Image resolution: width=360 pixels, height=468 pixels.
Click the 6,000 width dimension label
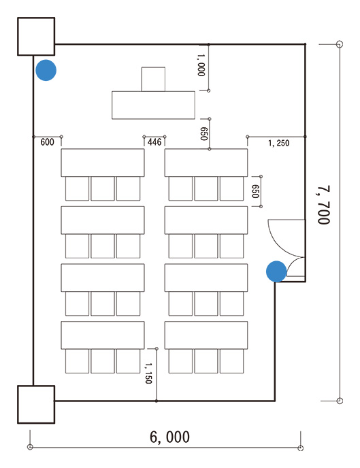(169, 437)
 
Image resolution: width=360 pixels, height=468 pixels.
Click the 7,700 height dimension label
(323, 205)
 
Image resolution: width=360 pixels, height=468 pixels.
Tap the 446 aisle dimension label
(154, 141)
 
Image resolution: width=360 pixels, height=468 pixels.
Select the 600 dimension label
(47, 141)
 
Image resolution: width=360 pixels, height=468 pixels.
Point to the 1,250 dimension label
(279, 144)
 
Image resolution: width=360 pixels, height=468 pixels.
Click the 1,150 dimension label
(148, 373)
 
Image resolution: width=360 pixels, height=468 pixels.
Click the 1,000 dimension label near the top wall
(201, 65)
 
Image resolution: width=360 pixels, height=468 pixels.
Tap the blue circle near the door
(276, 271)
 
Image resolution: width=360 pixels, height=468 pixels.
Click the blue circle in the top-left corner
(46, 70)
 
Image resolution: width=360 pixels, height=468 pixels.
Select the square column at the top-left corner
(36, 37)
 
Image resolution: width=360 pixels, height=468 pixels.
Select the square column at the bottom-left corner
(36, 405)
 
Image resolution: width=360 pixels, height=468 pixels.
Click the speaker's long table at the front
(153, 105)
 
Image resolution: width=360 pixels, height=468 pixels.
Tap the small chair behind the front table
(153, 79)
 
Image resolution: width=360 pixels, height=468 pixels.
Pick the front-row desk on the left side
(103, 163)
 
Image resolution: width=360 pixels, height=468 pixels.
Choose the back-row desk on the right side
(206, 335)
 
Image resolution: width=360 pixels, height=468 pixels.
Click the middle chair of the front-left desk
(103, 188)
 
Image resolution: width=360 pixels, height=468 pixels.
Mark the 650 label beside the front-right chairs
(255, 191)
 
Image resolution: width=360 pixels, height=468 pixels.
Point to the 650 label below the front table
(203, 134)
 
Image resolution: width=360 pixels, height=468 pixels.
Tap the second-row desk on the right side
(206, 220)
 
